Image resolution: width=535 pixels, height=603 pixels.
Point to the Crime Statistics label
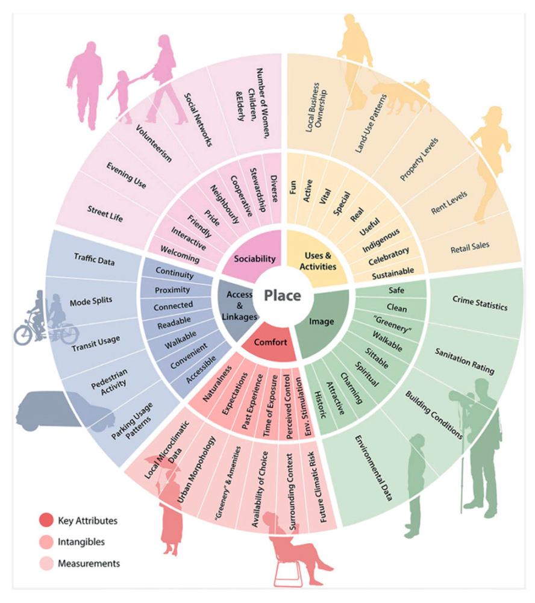[480, 302]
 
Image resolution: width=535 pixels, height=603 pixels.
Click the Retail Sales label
[470, 246]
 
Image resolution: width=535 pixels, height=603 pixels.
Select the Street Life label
[105, 214]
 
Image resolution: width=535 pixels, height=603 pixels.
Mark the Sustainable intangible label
[393, 272]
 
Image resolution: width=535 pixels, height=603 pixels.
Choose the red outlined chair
[288, 572]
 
